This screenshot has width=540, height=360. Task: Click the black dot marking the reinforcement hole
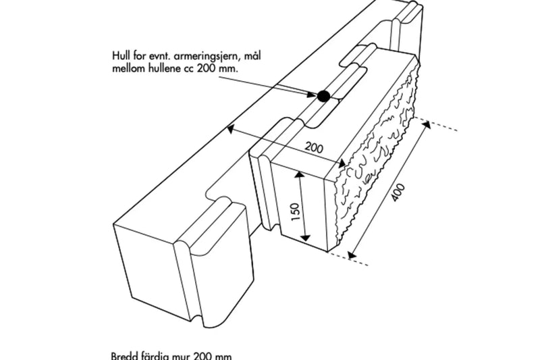click(x=323, y=97)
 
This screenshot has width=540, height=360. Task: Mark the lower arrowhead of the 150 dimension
click(x=305, y=238)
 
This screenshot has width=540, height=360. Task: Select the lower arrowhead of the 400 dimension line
click(x=350, y=254)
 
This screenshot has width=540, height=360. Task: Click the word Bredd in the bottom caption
click(x=124, y=355)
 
